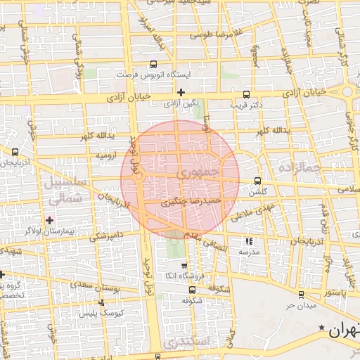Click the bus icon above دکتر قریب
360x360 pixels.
[245, 94]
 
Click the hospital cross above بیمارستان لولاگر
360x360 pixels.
[49, 221]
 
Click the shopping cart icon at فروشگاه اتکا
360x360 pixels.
[184, 266]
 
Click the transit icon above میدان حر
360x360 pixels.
[301, 295]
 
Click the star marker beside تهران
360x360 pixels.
[322, 328]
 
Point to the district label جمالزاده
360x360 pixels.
[299, 168]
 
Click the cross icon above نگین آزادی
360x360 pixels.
[181, 92]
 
